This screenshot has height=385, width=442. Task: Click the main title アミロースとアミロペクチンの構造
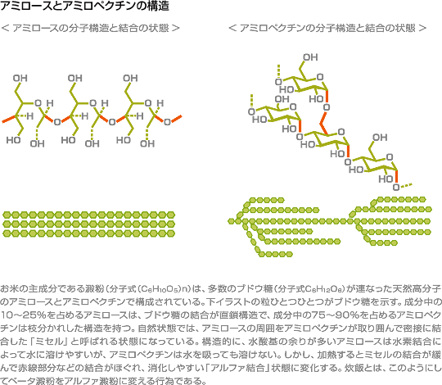[84, 6]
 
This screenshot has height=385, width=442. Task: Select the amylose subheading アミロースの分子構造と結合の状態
[91, 28]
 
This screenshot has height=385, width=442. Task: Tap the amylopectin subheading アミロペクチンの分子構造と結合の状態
[327, 28]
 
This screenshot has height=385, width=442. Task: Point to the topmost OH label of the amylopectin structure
[310, 57]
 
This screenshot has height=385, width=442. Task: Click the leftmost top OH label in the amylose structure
[20, 78]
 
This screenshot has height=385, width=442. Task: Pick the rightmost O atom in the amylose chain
[167, 122]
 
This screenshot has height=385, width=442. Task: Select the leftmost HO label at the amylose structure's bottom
[13, 140]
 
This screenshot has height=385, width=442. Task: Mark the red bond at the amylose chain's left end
[9, 119]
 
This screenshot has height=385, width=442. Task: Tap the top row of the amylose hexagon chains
[88, 215]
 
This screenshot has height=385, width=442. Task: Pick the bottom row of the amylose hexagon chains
[88, 233]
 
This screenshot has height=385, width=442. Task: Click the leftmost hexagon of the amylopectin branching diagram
[231, 221]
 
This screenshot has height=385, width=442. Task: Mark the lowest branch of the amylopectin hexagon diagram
[275, 255]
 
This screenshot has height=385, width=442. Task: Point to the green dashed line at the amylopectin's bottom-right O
[406, 186]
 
